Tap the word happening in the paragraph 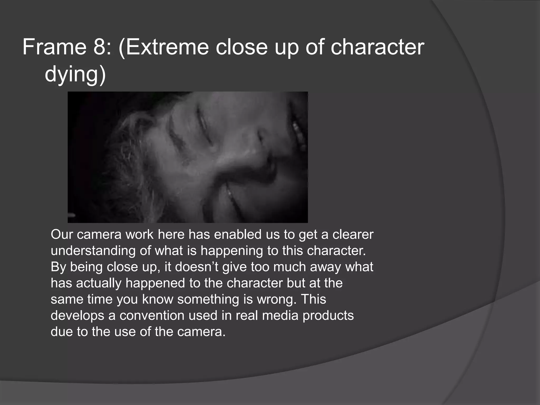point(232,251)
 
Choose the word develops point(77,316)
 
